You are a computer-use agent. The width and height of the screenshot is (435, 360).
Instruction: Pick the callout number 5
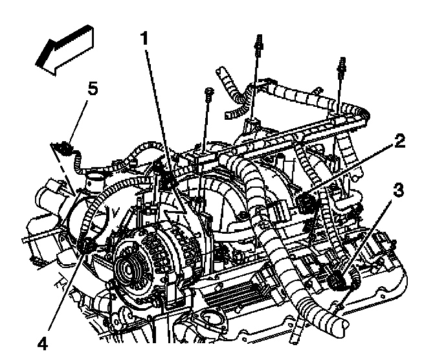93,89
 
